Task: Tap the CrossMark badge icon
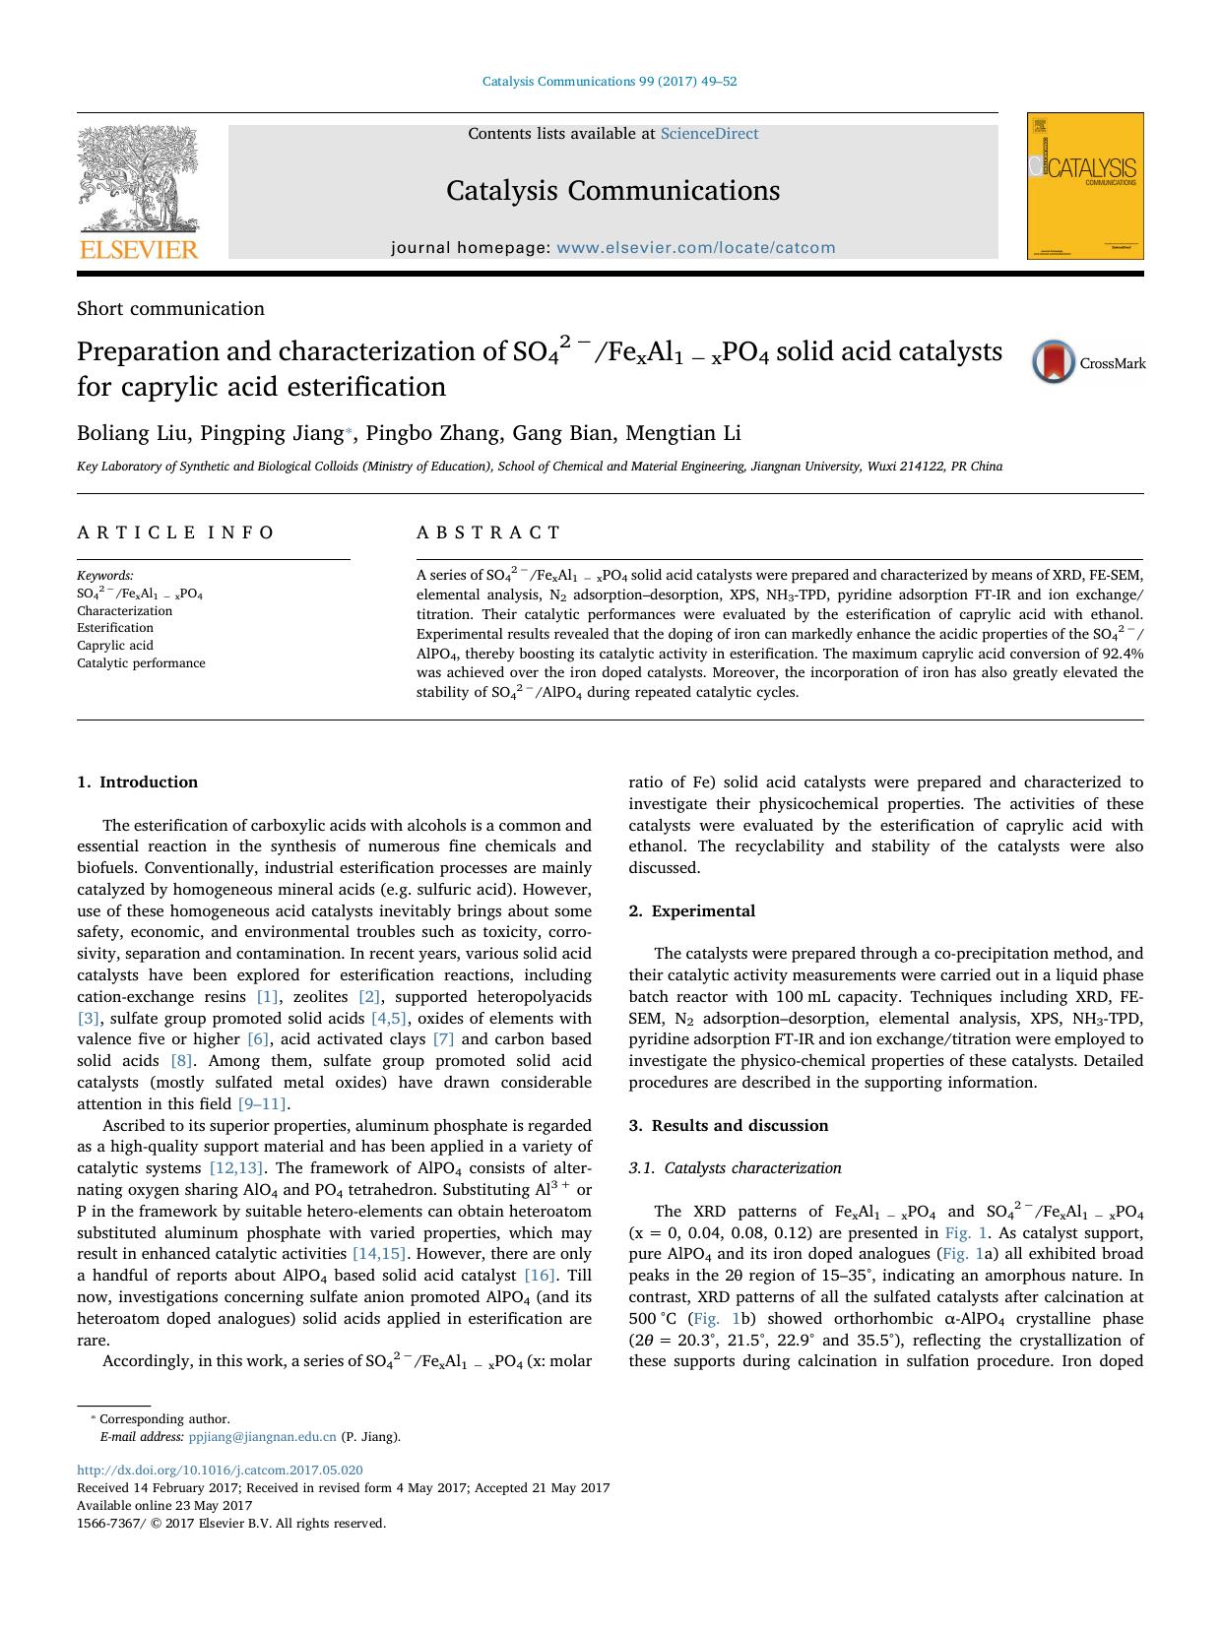pos(1053,361)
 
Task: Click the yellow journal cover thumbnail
pos(1084,186)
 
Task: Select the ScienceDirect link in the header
pos(709,134)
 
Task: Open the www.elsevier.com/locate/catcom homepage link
pos(695,248)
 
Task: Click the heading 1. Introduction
pos(137,783)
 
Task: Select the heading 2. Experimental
pos(691,910)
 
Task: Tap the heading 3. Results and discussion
pos(728,1125)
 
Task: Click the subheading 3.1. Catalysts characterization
pos(735,1168)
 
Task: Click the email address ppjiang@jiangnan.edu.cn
pos(262,1436)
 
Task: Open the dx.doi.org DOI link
pos(220,1471)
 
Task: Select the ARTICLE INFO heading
pos(176,532)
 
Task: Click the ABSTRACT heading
pos(488,532)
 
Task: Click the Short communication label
pos(170,309)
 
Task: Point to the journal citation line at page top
pos(610,82)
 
